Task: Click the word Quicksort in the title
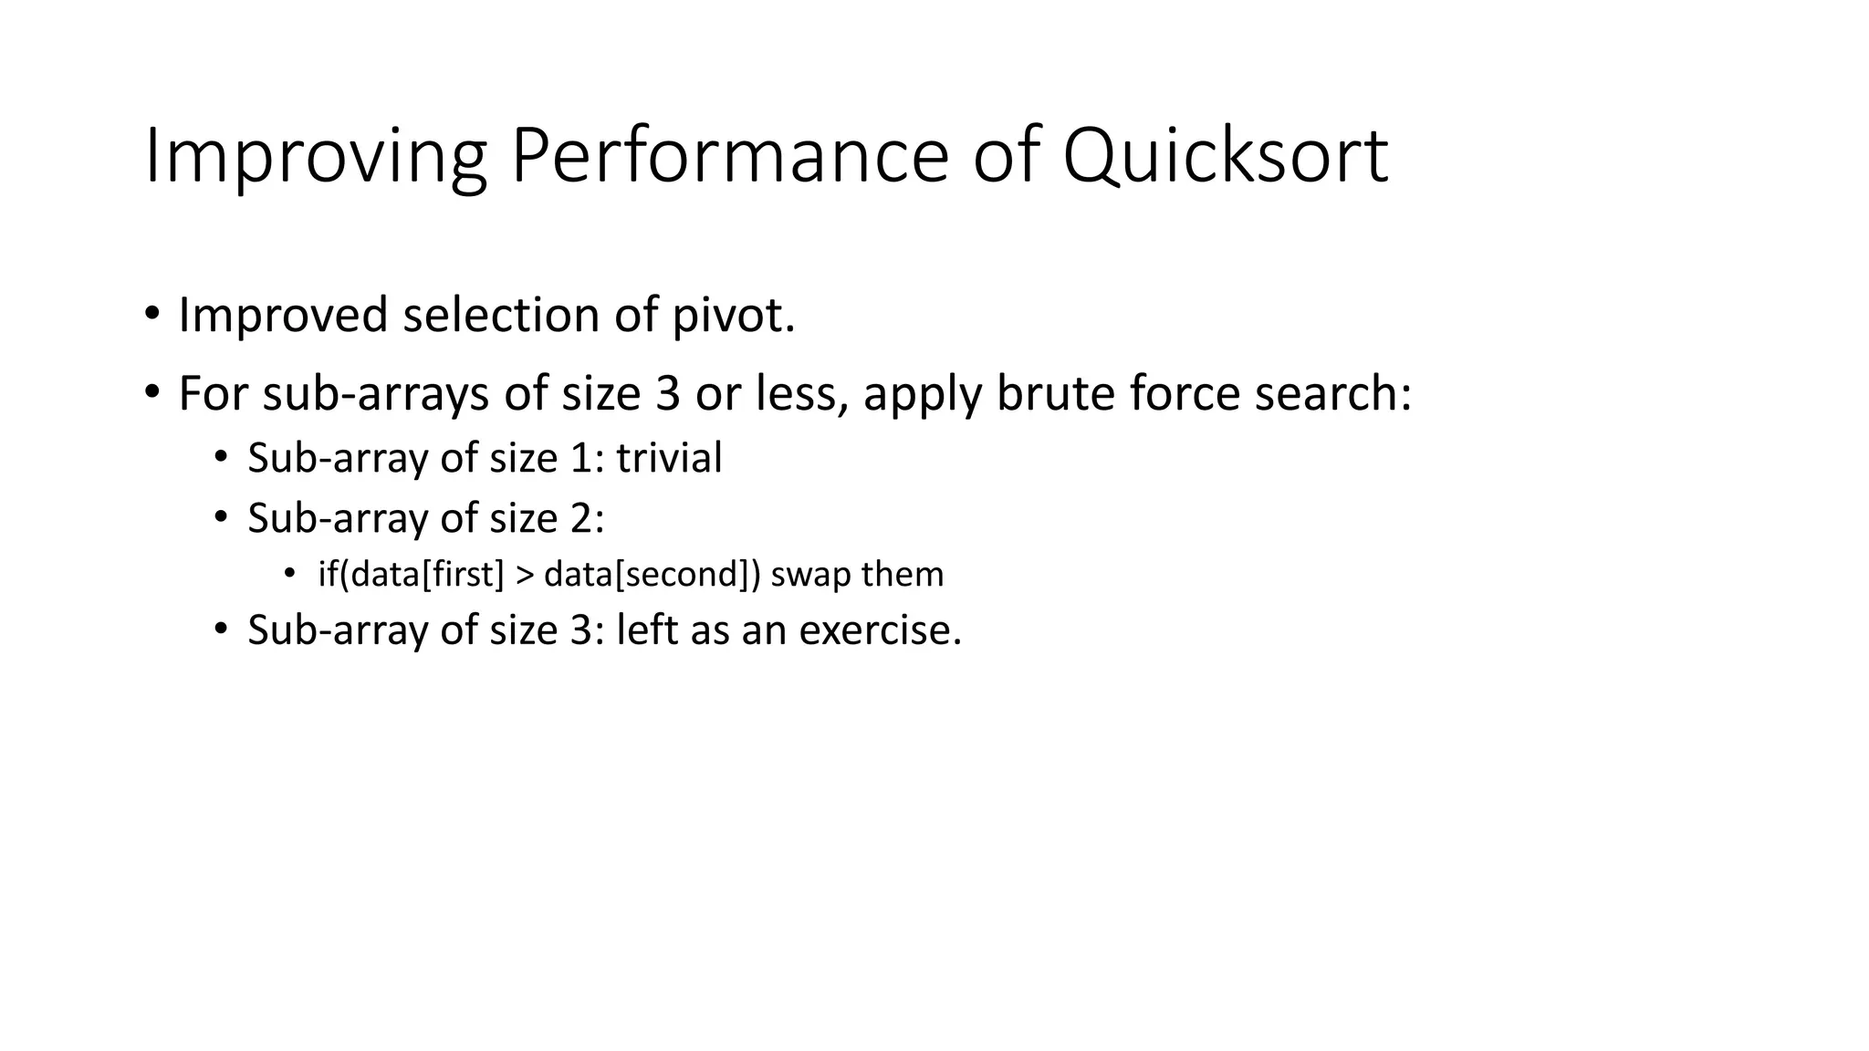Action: tap(1225, 157)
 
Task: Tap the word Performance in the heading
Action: tap(730, 157)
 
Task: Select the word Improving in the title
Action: tap(315, 157)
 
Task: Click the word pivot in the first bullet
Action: tap(733, 316)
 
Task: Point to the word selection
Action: tap(500, 316)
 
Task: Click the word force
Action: tap(1185, 394)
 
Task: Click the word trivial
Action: tap(669, 458)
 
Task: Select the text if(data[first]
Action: tap(411, 575)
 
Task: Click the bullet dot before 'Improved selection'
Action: tap(151, 315)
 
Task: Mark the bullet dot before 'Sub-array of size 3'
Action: tap(220, 630)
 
